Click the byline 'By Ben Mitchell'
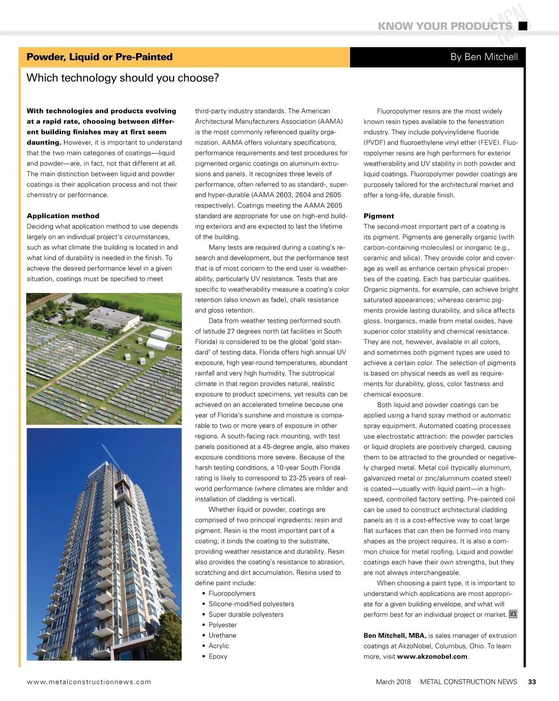484,57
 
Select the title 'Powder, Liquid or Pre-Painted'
99,57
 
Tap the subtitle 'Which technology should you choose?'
123,78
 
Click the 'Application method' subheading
63,216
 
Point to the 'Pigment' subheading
379,216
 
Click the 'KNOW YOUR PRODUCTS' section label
444,26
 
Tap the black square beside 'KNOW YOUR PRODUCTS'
523,26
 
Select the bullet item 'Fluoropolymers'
232,593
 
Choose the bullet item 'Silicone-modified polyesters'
251,604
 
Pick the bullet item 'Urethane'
222,635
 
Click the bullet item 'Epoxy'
218,656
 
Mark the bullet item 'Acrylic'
218,646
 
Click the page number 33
532,682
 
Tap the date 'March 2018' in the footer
393,682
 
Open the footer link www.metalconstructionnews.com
89,682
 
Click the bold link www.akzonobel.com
432,657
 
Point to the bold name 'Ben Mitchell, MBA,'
395,636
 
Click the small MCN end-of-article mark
513,614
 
